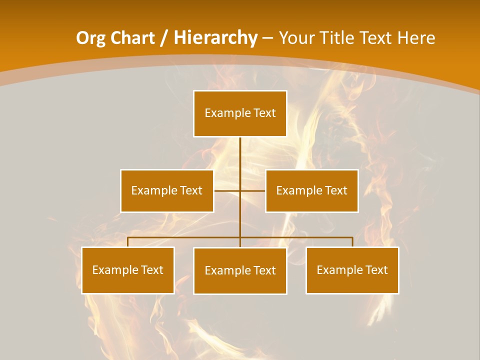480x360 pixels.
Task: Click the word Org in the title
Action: pyautogui.click(x=91, y=38)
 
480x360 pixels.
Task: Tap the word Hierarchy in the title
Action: pyautogui.click(x=215, y=38)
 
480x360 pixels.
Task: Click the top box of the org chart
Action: pyautogui.click(x=240, y=113)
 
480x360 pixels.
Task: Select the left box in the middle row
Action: pyautogui.click(x=167, y=190)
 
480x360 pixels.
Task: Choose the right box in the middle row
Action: pyautogui.click(x=312, y=190)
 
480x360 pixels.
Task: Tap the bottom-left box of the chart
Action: pyautogui.click(x=128, y=270)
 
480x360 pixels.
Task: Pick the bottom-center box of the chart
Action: pyautogui.click(x=240, y=270)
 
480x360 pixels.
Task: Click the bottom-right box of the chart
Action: pyautogui.click(x=352, y=270)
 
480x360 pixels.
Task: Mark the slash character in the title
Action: pyautogui.click(x=163, y=38)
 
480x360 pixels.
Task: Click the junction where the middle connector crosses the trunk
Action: pyautogui.click(x=240, y=190)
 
